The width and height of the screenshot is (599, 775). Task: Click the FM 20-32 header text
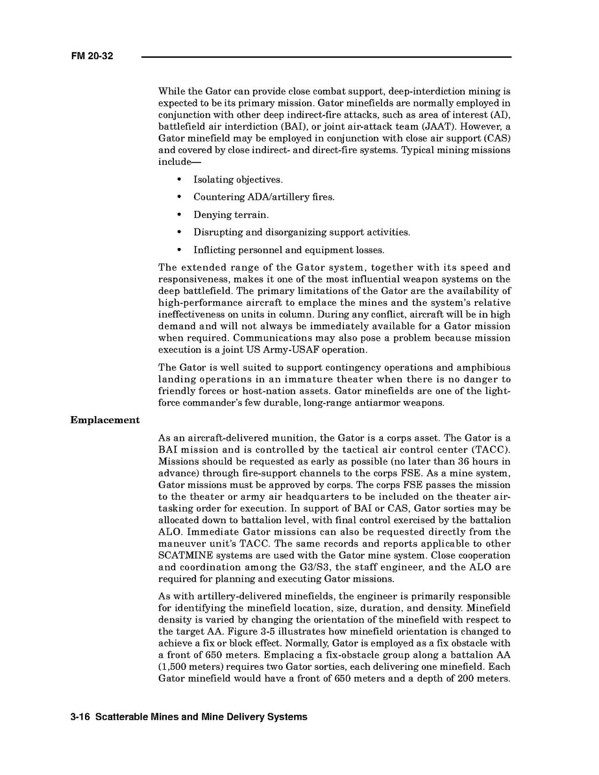coord(92,56)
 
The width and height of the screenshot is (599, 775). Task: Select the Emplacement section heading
coord(104,420)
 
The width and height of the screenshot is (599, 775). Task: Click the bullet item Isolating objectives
coord(238,179)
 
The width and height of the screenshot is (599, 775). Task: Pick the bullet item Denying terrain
coord(230,214)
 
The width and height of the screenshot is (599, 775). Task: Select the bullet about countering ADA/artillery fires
coord(263,197)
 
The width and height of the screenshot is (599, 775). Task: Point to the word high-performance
coord(197,302)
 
